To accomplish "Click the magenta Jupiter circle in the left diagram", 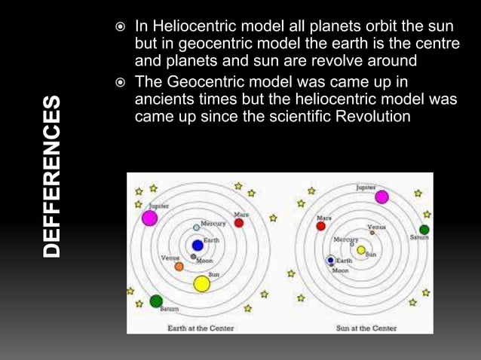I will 149,218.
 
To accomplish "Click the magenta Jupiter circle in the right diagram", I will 382,197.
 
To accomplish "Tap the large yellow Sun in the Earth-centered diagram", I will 201,283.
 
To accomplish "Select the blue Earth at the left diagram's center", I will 198,245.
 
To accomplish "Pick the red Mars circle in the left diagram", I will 239,223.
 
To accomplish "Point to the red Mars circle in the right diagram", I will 321,225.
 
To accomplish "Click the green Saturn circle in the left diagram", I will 156,301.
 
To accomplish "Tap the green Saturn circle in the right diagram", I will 424,230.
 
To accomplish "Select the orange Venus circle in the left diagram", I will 179,266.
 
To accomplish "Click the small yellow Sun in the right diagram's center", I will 361,250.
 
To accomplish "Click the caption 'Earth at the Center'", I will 200,328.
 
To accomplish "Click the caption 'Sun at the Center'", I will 366,328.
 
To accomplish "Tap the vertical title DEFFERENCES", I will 49,177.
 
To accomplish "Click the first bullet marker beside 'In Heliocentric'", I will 121,26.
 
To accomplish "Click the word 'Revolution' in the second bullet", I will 373,117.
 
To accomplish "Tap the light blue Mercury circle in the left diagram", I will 197,226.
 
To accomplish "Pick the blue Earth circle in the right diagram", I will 330,260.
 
